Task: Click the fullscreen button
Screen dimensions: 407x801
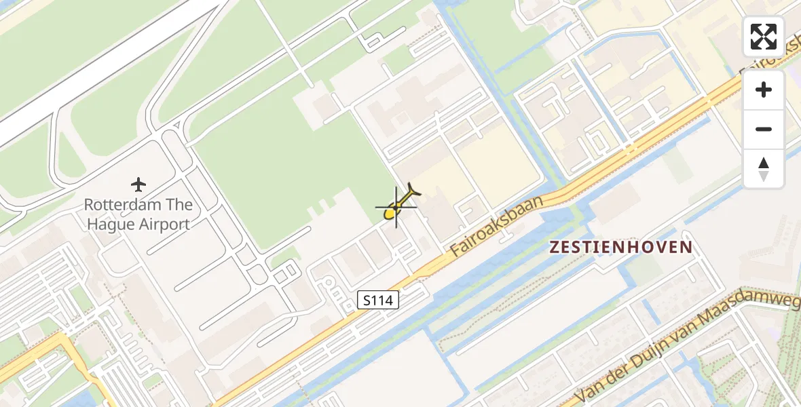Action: pos(764,37)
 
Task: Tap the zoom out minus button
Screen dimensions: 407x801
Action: pos(764,129)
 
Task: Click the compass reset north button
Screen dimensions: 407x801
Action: pos(764,169)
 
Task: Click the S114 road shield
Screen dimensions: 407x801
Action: pos(378,300)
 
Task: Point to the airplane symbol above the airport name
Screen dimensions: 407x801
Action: pos(138,184)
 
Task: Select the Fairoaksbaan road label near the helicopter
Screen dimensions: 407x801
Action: pos(498,227)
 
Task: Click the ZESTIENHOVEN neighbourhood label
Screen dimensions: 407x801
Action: pos(620,248)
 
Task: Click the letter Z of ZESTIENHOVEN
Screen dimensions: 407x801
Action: pos(555,248)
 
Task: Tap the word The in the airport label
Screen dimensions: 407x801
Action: pos(179,205)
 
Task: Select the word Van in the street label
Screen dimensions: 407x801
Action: pos(587,393)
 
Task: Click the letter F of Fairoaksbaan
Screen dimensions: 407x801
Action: pos(455,252)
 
